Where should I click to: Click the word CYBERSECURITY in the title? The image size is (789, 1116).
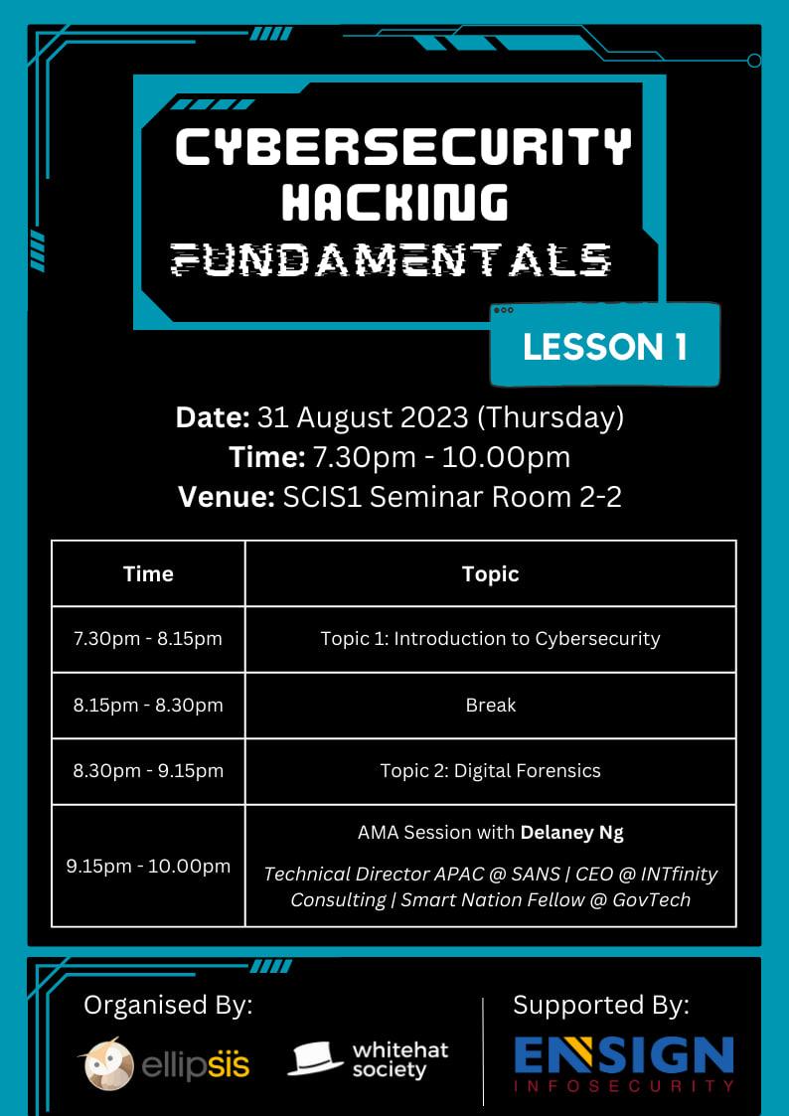click(402, 147)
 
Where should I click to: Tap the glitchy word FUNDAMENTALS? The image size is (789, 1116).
click(392, 259)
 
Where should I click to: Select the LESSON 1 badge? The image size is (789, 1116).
click(605, 346)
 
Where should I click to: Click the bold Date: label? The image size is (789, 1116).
click(213, 417)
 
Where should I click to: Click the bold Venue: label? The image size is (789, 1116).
click(227, 497)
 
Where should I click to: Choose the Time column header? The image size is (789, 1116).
click(148, 573)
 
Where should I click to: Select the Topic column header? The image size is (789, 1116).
click(490, 573)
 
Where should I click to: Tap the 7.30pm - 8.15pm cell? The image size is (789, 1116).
click(148, 638)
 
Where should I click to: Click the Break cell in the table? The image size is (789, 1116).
click(491, 705)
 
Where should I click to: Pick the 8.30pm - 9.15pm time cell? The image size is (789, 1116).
click(148, 771)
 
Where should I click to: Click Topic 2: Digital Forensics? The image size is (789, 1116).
click(490, 771)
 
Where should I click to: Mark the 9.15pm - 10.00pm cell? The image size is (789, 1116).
click(148, 867)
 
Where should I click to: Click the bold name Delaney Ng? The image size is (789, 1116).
click(572, 833)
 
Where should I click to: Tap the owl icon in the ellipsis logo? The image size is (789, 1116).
click(109, 1064)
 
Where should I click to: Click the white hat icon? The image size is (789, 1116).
click(314, 1059)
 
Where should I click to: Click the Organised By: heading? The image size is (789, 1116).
click(168, 1006)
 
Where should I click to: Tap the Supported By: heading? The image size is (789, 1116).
click(601, 1006)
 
